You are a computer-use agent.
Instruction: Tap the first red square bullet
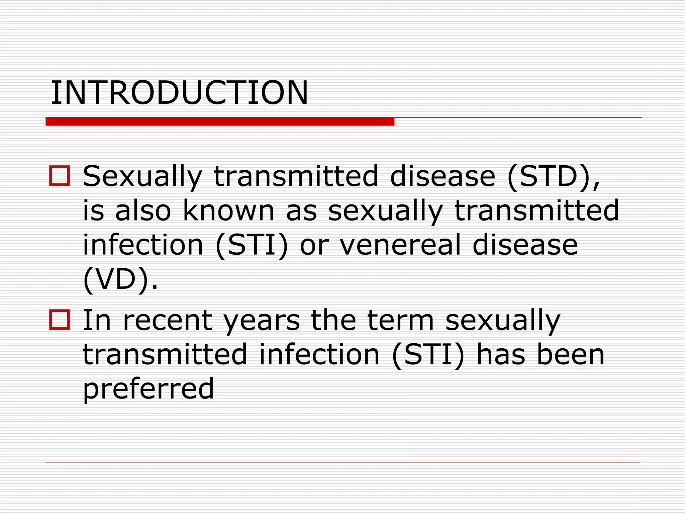(x=60, y=176)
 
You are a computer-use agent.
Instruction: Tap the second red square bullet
(x=60, y=320)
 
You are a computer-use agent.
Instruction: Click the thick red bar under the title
(x=220, y=121)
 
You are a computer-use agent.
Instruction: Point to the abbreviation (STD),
(x=554, y=176)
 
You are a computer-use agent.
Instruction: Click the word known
(x=228, y=210)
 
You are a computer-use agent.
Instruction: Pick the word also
(x=143, y=210)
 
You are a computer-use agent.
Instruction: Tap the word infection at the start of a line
(x=143, y=245)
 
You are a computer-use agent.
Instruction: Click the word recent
(x=168, y=320)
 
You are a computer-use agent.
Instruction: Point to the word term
(x=400, y=320)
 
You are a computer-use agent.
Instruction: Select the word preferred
(x=148, y=389)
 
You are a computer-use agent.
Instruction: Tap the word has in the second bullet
(x=500, y=355)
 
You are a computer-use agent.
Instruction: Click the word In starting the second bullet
(x=97, y=320)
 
